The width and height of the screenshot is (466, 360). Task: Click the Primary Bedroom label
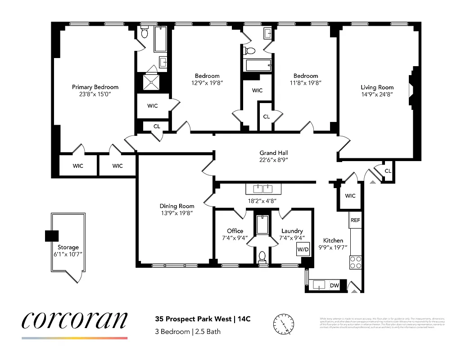95,87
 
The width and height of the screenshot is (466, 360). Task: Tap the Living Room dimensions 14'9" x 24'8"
377,95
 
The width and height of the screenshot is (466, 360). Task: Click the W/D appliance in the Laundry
302,248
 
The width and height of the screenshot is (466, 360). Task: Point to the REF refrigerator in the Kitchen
355,220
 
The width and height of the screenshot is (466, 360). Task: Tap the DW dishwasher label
335,285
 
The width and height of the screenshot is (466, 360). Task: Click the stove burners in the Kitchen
355,262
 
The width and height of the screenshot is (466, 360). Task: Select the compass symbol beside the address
282,323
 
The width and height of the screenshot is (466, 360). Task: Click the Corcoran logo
74,320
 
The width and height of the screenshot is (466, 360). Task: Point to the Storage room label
68,247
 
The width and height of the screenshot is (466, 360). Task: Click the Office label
235,231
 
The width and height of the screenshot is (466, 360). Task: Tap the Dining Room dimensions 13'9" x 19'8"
177,213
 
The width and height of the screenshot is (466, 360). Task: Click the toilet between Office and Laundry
262,257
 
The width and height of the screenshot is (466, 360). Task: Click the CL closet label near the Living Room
388,171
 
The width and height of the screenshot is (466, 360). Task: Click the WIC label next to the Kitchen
350,196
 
